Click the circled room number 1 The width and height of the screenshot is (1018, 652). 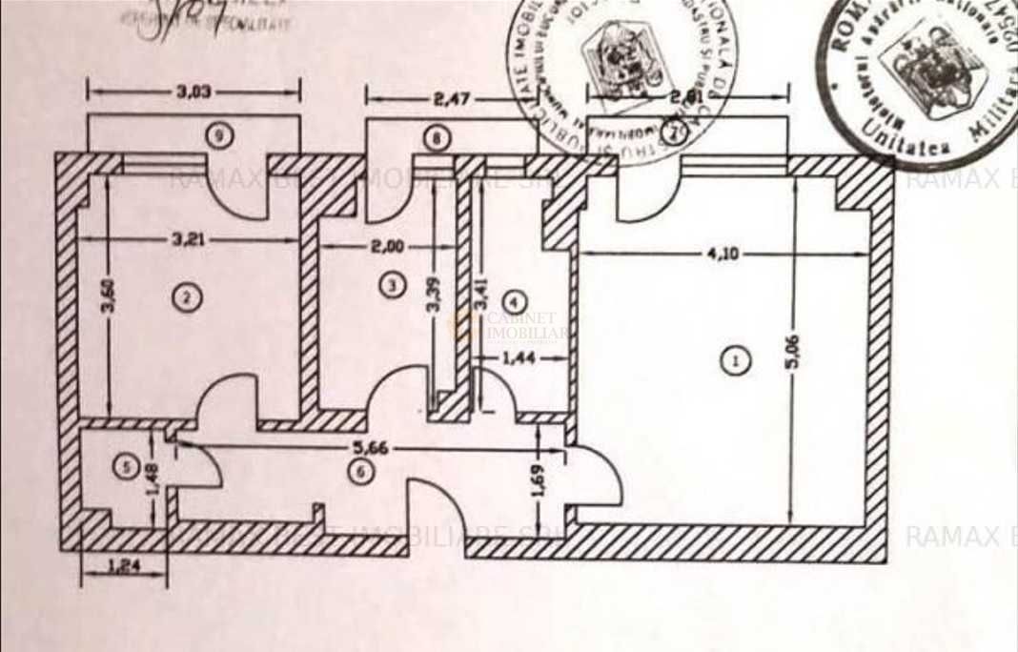click(x=734, y=360)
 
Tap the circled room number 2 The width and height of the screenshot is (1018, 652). click(x=187, y=297)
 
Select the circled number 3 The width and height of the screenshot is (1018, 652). click(x=390, y=282)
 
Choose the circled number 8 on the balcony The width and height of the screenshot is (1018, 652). click(x=436, y=138)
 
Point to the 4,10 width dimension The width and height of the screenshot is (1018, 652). click(x=722, y=255)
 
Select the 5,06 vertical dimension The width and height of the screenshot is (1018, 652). click(x=794, y=351)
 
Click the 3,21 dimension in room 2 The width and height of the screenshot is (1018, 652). click(x=190, y=239)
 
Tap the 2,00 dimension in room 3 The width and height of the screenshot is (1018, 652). click(x=387, y=245)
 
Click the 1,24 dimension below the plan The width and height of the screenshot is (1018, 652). click(x=124, y=565)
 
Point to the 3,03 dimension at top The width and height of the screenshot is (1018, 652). click(x=193, y=92)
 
